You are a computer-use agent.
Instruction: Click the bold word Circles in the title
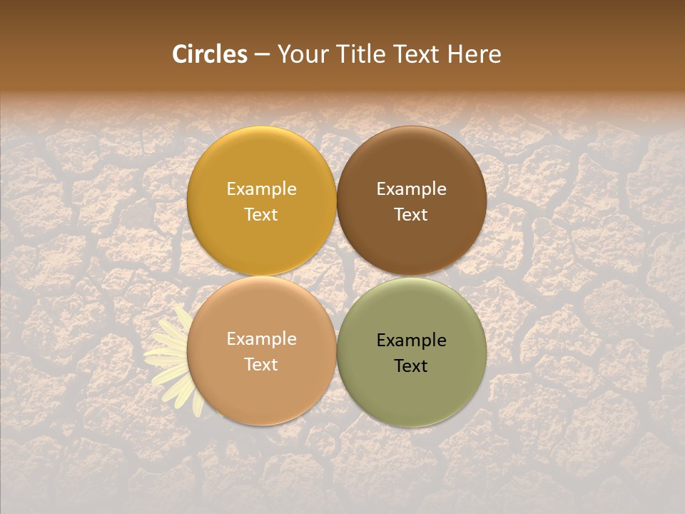click(210, 54)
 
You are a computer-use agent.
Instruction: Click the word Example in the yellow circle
click(261, 189)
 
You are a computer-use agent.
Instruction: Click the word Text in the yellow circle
click(261, 215)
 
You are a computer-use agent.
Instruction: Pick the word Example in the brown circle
click(412, 189)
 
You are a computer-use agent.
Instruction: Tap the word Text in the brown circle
click(412, 215)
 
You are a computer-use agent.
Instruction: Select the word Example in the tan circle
click(261, 339)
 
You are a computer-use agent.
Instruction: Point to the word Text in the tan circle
click(261, 365)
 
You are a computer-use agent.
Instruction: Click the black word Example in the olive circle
click(412, 341)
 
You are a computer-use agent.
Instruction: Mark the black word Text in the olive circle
click(412, 366)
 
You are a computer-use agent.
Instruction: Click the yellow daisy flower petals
click(168, 353)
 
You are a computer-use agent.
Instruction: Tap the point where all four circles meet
click(337, 276)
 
